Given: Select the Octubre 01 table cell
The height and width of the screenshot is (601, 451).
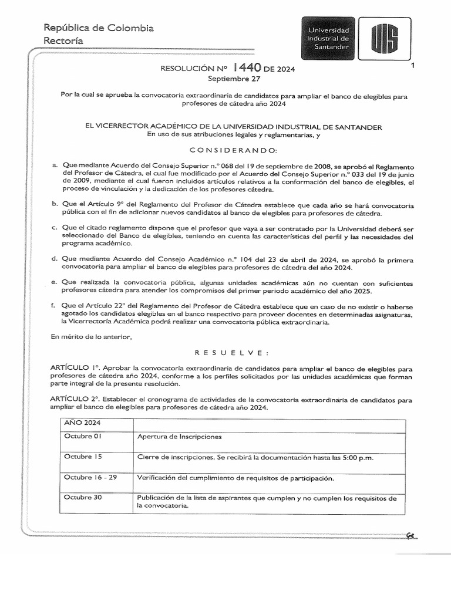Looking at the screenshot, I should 83,437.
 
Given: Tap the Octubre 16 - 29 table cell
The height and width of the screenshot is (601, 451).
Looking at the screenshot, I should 90,477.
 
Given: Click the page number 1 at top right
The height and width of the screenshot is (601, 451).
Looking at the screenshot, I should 414,66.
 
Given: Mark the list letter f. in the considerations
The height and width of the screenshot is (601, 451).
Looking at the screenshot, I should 54,306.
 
